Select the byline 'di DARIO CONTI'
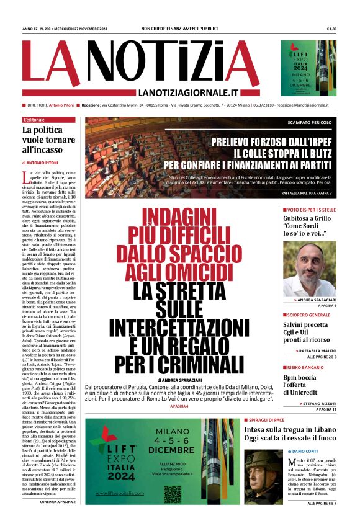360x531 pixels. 304,434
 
